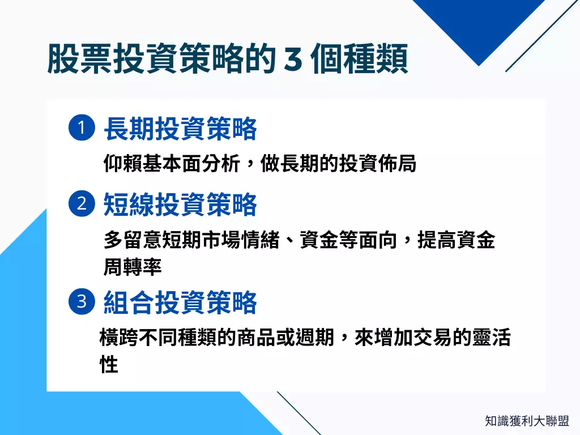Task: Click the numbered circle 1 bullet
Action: coord(82,128)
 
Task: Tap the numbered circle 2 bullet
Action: coord(82,204)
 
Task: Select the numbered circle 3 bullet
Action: coord(82,301)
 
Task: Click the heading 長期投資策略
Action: coord(180,129)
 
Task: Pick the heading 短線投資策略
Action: coord(180,205)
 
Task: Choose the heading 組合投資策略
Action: coord(180,302)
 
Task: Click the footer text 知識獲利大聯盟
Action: coord(527,421)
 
